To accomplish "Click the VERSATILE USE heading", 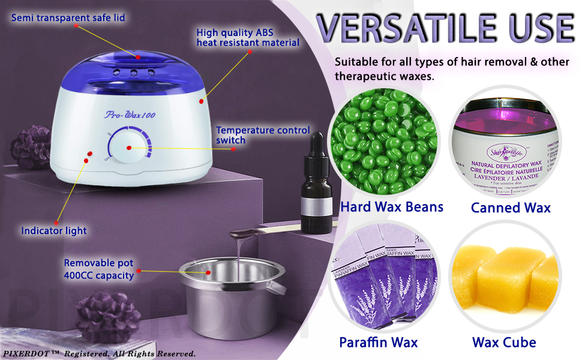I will (445, 28).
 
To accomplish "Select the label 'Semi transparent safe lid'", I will (68, 17).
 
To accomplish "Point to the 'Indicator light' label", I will (54, 230).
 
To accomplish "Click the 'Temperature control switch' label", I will (263, 135).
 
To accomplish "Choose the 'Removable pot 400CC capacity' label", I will (99, 269).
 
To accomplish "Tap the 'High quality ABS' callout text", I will (248, 37).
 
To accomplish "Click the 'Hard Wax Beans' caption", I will (391, 207).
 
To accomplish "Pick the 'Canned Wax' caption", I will (511, 208).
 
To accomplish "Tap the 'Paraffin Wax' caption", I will (378, 343).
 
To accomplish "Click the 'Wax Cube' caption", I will (504, 343).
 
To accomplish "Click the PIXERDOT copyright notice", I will (98, 353).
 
